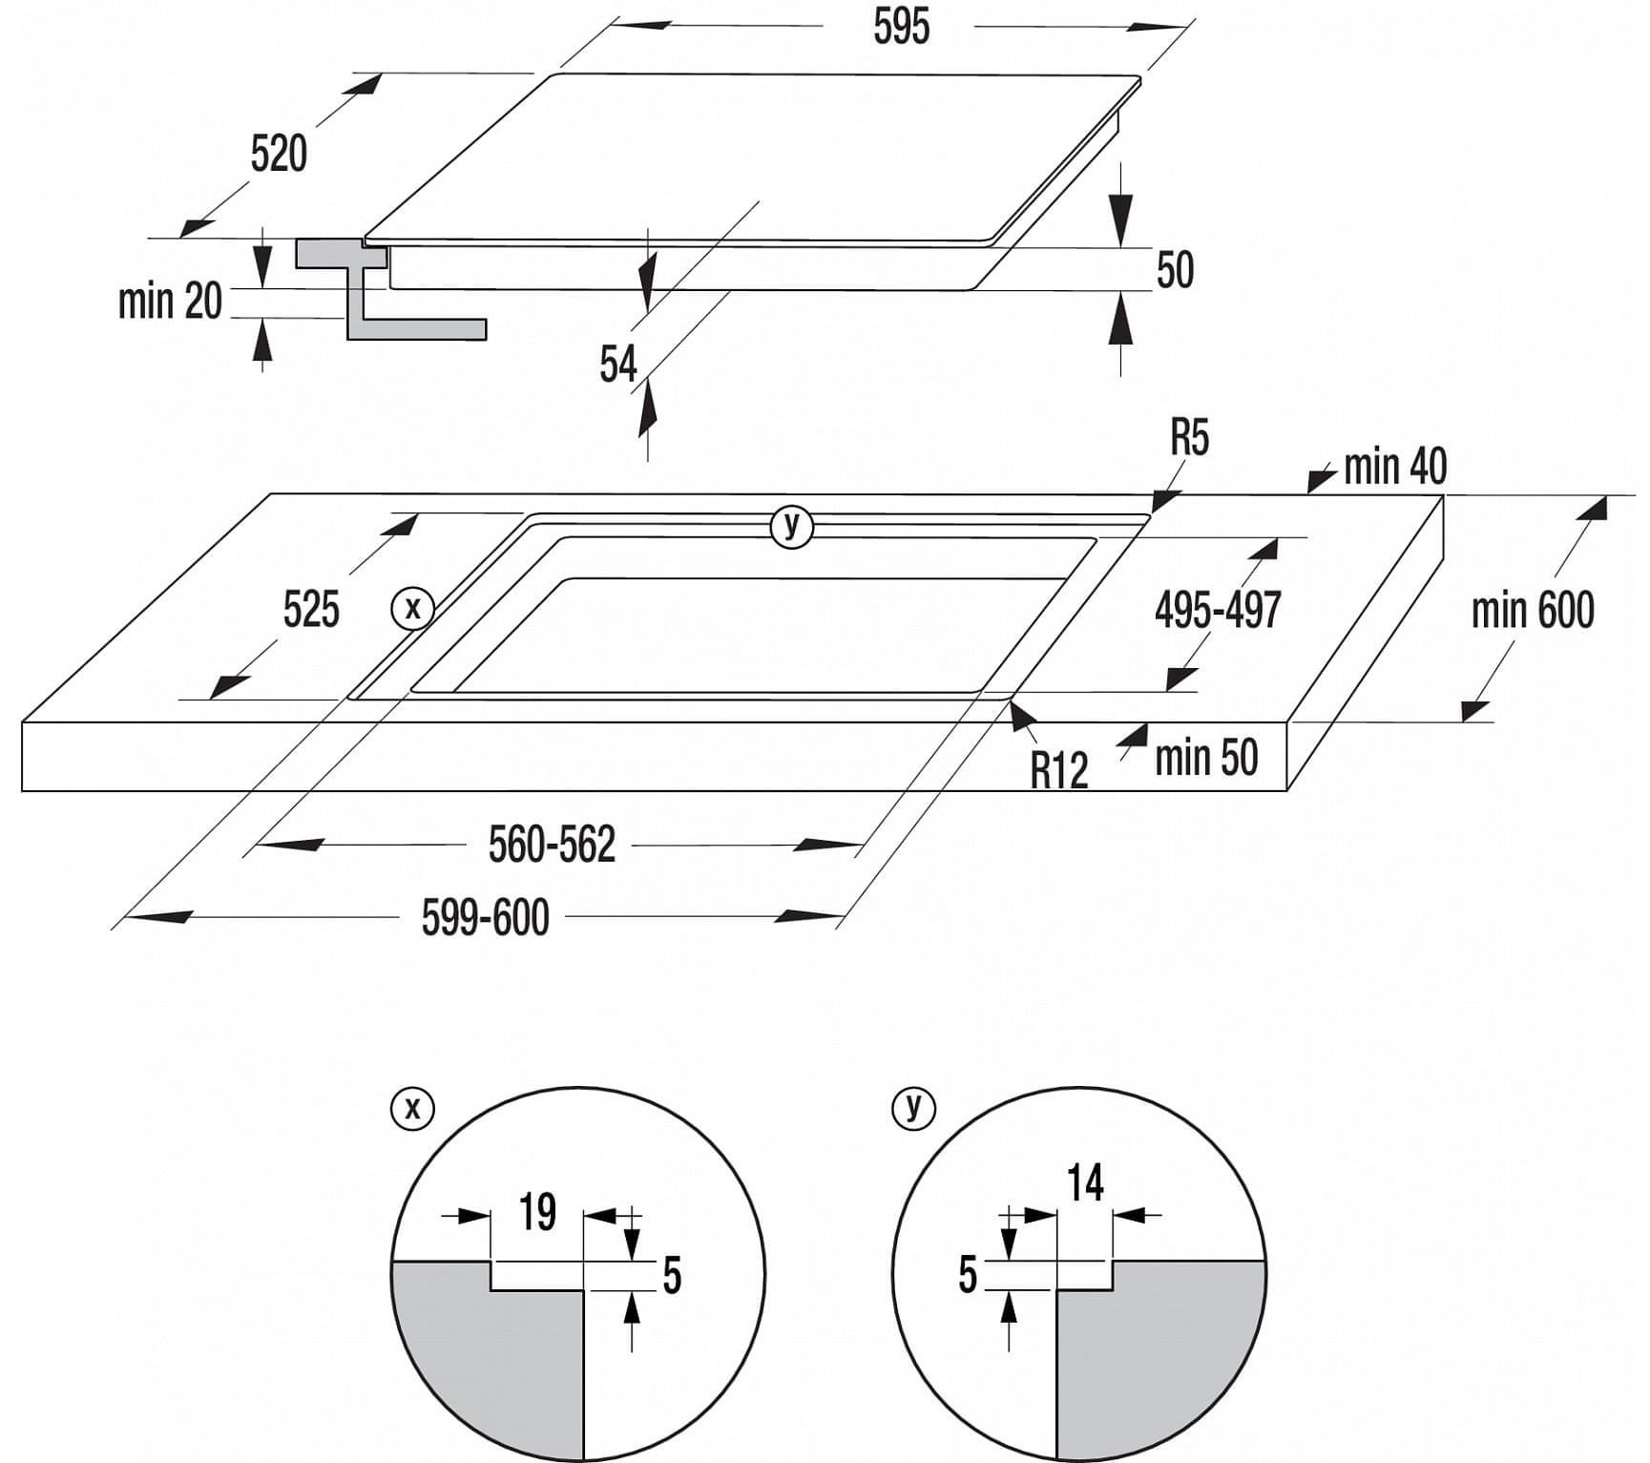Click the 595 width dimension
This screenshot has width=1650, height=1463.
pos(900,27)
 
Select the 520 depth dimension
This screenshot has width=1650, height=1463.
pos(279,154)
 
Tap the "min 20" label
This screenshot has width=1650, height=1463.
pos(170,301)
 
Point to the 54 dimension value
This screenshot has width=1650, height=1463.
pos(617,364)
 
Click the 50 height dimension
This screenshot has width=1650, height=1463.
pos(1175,270)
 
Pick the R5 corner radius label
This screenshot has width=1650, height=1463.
pos(1189,438)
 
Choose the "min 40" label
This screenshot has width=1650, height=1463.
pos(1394,467)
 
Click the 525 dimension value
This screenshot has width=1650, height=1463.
pos(311,609)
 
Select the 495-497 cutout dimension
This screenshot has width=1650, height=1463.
pos(1217,609)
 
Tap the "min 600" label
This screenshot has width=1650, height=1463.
pos(1532,610)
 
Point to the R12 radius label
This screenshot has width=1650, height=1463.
pos(1058,769)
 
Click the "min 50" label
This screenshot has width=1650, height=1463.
pos(1206,758)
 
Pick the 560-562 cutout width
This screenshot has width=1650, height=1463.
pos(552,845)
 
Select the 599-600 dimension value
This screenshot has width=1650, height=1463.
pos(485,918)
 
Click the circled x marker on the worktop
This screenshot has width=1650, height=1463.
pos(413,608)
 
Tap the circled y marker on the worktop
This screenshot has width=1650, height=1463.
pos(791,526)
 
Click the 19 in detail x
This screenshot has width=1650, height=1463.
pos(537,1212)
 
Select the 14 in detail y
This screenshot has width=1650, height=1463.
pos(1085,1183)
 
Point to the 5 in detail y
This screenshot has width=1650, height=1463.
pos(968,1275)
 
